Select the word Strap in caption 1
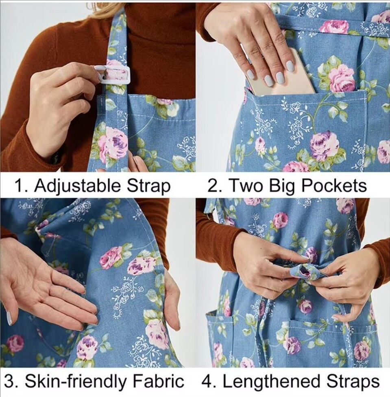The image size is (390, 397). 148,187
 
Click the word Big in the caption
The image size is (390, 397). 281,187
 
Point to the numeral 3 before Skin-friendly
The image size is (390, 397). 9,381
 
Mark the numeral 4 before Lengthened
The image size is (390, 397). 207,381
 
